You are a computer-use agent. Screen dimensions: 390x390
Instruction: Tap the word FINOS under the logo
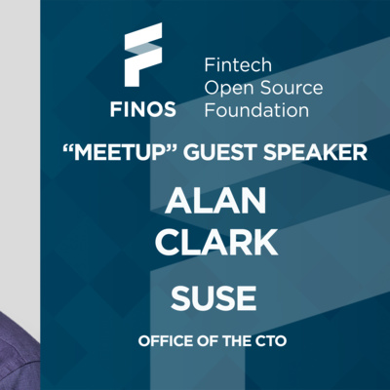point(143,109)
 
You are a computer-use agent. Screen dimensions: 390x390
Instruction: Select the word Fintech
point(238,65)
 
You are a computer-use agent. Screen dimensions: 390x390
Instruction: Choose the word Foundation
point(256,110)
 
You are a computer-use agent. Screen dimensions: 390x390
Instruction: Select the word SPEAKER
point(315,152)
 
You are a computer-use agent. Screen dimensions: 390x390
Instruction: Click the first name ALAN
point(215,201)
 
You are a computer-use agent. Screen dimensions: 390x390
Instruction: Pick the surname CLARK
point(216,242)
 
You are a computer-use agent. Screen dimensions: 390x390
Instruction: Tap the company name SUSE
point(214,298)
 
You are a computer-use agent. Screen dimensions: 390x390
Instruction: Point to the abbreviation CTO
point(271,341)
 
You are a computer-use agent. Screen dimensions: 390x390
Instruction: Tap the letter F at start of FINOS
point(115,109)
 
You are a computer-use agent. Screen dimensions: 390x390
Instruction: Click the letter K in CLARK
point(265,242)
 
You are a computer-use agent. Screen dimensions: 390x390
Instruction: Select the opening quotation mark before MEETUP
point(67,148)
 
